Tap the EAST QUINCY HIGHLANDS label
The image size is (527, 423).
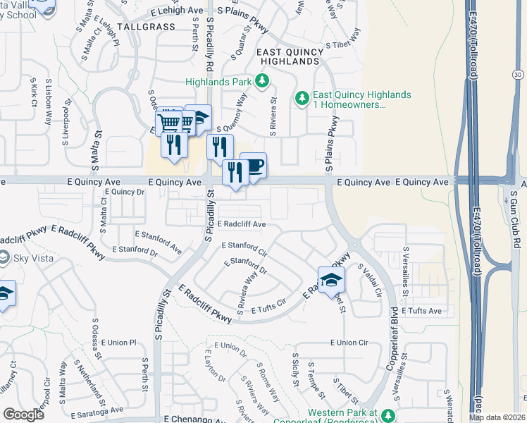tap(288, 57)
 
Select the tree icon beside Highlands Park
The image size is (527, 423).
tap(262, 81)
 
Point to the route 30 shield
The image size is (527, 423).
tap(518, 74)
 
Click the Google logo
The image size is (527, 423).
tap(23, 415)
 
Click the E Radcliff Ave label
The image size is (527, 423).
tap(242, 224)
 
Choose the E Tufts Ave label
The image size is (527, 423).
tap(421, 310)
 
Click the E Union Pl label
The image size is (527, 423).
tap(117, 343)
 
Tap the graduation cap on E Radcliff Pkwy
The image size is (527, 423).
tap(331, 280)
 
